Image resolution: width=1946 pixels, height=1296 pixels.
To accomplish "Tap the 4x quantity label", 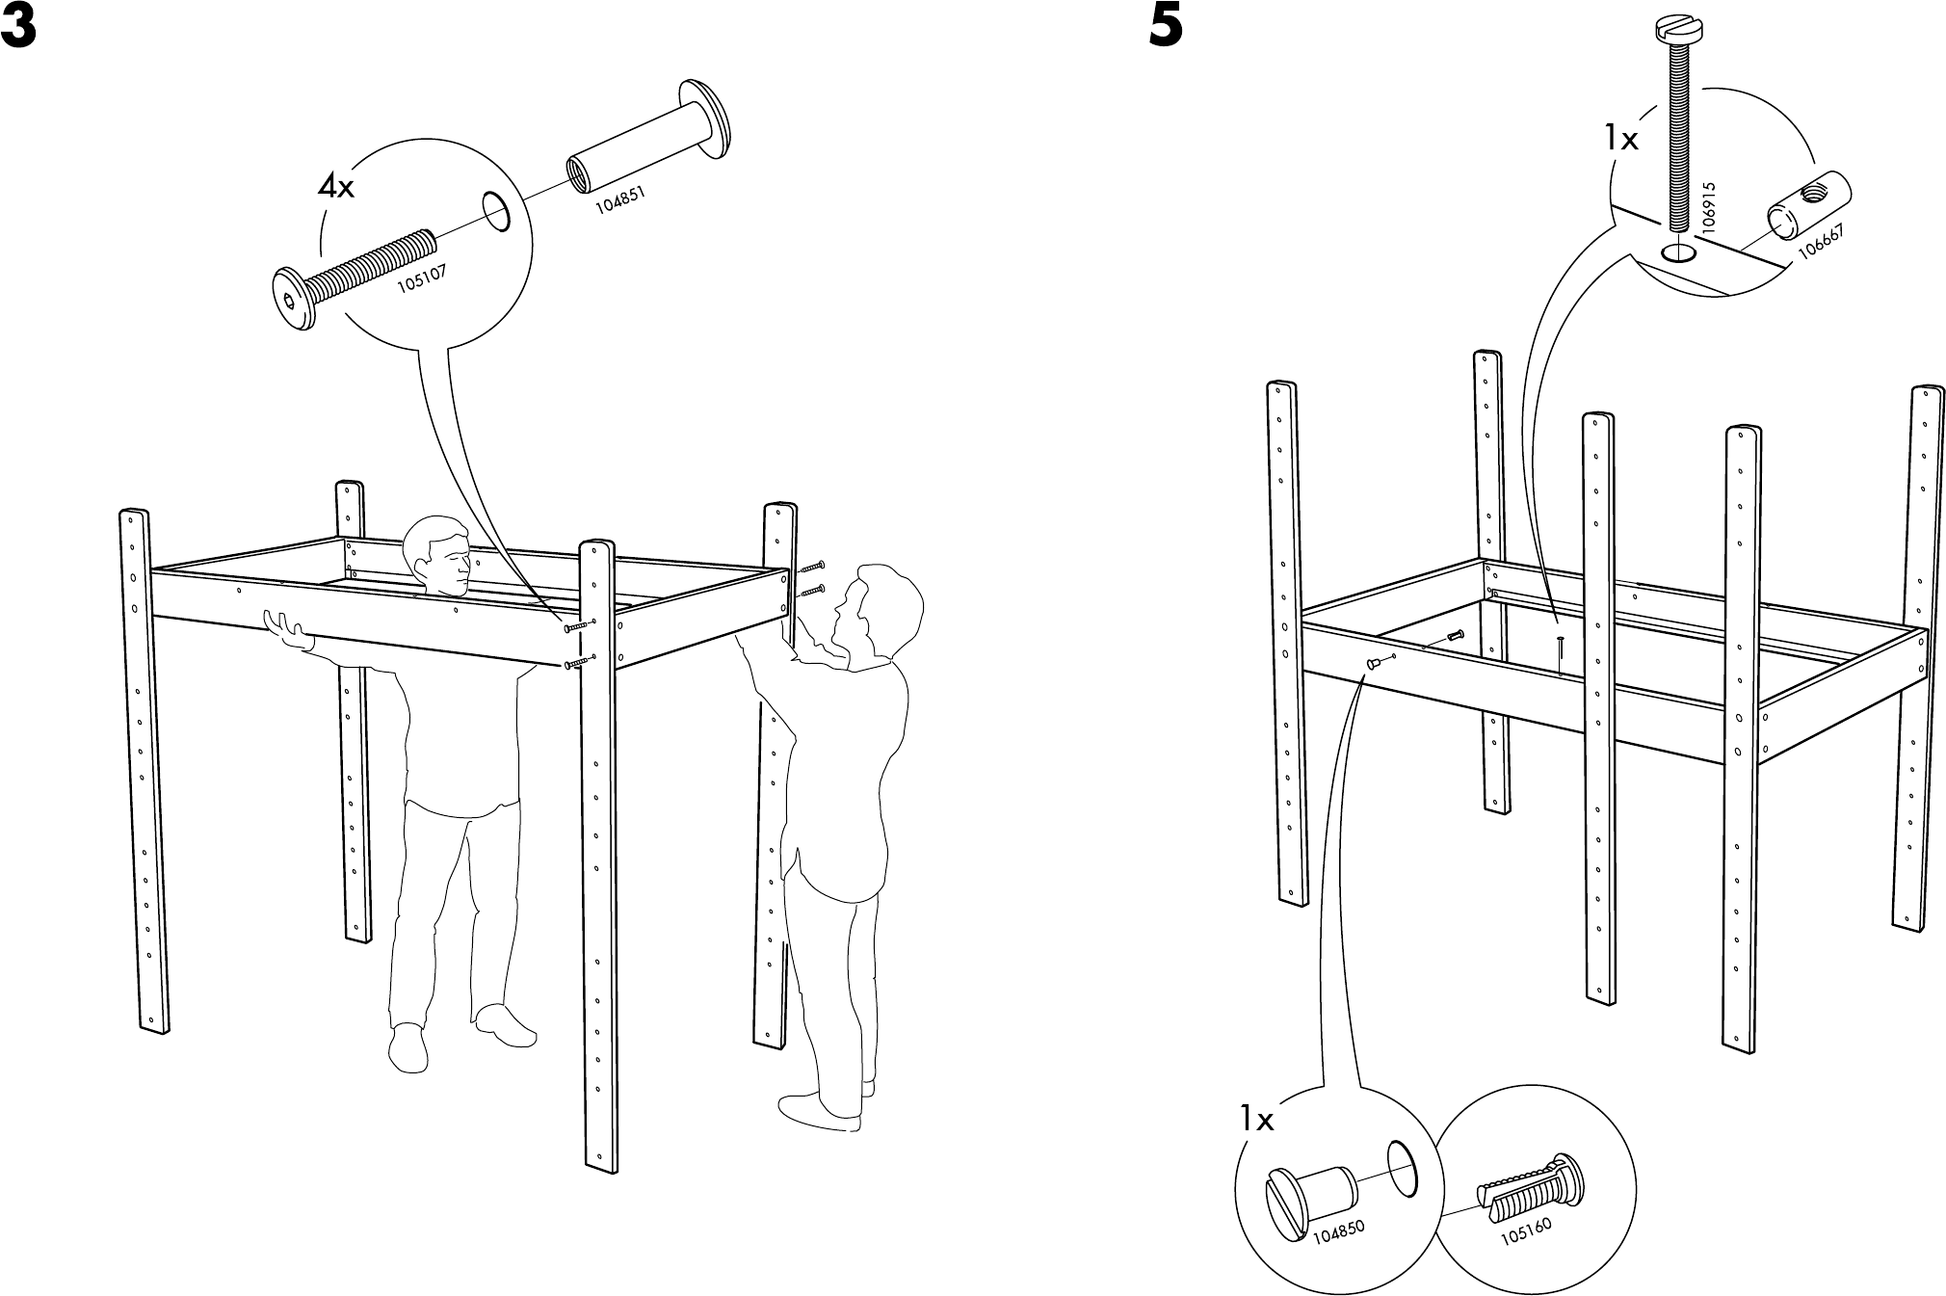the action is pyautogui.click(x=336, y=187).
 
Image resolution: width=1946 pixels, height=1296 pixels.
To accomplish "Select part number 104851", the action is pyautogui.click(x=619, y=199).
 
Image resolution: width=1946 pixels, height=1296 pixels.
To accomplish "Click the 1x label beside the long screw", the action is pyautogui.click(x=1620, y=141).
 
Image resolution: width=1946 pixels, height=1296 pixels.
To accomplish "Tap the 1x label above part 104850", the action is pyautogui.click(x=1256, y=1120).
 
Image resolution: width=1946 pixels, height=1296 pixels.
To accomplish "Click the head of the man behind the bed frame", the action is pyautogui.click(x=439, y=559).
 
